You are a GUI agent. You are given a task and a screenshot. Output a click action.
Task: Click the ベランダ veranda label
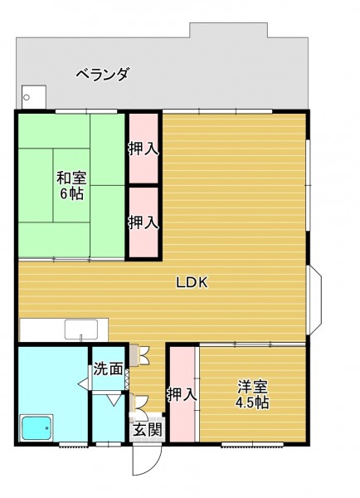pos(103,75)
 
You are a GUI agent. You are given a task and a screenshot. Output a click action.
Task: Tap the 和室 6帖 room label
pos(71,185)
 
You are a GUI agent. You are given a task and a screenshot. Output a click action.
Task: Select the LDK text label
pos(192,282)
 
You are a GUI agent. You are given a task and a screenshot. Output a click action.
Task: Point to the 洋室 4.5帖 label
pos(252,394)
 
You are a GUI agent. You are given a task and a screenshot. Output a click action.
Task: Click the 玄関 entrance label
pos(147,430)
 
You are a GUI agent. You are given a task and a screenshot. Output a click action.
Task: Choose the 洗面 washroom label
pos(108,369)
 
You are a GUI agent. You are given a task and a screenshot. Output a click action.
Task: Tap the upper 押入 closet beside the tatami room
pos(144,149)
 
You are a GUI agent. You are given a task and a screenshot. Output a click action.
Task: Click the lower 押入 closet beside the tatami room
pos(144,222)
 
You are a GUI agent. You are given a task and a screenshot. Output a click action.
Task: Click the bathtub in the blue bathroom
pos(36,427)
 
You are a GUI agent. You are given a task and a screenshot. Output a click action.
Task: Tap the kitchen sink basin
pos(81,330)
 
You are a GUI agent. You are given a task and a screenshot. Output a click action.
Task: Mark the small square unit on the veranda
pos(34,97)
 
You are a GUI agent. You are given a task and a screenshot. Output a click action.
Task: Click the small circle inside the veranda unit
pos(27,97)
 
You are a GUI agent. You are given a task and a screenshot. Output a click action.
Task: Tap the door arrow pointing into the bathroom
pos(83,383)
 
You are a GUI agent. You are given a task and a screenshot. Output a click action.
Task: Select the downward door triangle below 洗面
pos(114,400)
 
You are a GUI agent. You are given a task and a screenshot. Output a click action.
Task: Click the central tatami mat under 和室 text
pos(71,185)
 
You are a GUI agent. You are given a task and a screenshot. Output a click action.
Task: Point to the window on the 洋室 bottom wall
pos(252,444)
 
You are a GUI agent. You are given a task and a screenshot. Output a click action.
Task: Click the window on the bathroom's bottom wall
pos(73,444)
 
